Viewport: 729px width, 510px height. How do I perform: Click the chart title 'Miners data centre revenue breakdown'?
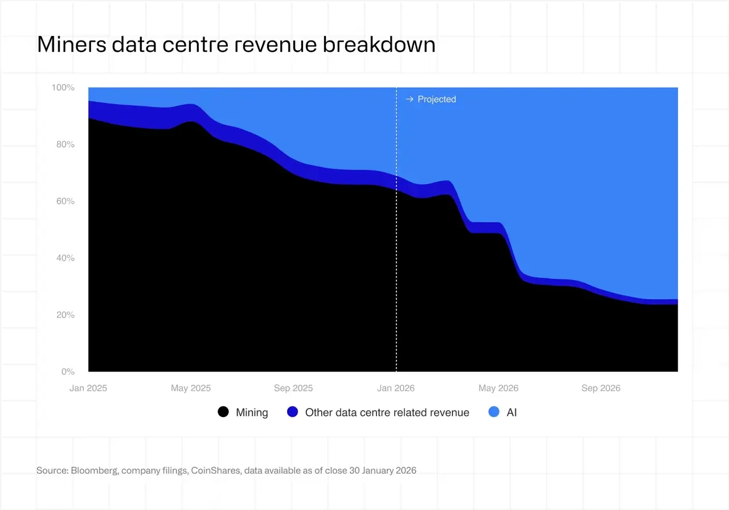[236, 44]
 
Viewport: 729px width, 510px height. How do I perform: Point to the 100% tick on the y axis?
[63, 88]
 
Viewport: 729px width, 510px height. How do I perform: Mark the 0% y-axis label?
[67, 372]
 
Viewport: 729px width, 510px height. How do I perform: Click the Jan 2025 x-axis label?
[88, 388]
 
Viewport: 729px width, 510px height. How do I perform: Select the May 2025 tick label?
[191, 388]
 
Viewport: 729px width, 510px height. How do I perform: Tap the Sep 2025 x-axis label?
[293, 388]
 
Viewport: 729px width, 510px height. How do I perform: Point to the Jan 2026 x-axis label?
[396, 388]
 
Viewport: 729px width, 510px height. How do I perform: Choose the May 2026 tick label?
[498, 388]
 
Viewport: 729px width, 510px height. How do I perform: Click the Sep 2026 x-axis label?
[601, 388]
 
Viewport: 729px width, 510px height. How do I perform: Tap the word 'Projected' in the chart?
[437, 100]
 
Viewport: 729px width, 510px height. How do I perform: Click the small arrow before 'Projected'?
[409, 100]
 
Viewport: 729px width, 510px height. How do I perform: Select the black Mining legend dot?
[224, 412]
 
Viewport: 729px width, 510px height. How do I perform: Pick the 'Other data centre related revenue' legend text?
[387, 413]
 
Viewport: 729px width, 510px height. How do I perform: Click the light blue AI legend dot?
[494, 412]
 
